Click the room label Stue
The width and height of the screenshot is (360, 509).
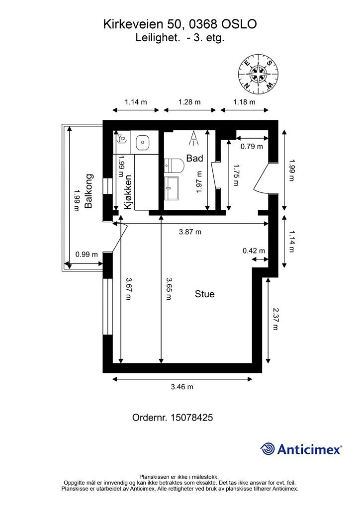[x=204, y=294]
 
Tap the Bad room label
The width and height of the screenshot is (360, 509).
[x=194, y=159]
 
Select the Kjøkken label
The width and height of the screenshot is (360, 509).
[x=128, y=192]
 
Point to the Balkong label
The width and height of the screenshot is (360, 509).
[x=89, y=191]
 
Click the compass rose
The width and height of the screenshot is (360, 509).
[x=259, y=74]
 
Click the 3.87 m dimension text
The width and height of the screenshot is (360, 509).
[x=190, y=232]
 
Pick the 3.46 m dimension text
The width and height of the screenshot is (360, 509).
[x=182, y=387]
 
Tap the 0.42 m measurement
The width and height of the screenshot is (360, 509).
[x=254, y=251]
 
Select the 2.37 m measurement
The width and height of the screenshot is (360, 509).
[x=275, y=319]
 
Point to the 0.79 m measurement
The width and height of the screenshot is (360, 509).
[x=252, y=147]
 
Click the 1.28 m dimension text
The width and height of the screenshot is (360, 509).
[x=189, y=102]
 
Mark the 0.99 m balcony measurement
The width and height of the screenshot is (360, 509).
[x=87, y=254]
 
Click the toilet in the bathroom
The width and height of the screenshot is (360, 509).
[x=174, y=166]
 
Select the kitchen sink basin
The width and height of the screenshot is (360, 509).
[x=143, y=142]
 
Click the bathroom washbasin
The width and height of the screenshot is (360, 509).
[x=172, y=188]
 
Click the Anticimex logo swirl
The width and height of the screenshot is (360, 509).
[x=268, y=449]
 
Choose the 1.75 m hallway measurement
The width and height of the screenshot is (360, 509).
[x=236, y=175]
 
